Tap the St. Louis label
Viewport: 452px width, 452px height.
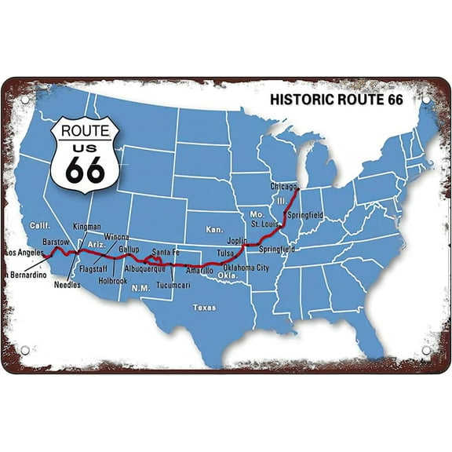pos(265,224)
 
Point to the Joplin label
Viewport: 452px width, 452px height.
pos(238,241)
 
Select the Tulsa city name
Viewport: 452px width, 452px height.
pos(227,253)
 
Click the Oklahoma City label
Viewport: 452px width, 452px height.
pos(246,268)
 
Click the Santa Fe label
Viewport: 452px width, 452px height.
pos(166,252)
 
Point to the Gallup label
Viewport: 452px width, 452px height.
pos(129,249)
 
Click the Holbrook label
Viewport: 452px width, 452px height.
pos(113,279)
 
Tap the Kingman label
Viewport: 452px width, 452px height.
pos(87,226)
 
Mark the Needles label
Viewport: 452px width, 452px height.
pos(67,286)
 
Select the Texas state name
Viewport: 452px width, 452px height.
pos(204,308)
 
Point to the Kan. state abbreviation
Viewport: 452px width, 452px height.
pos(215,230)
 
